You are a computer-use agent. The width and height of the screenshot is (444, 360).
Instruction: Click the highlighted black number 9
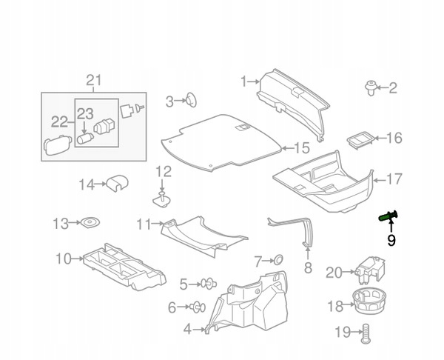(391, 239)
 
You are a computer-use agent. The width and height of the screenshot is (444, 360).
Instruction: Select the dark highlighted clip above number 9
(387, 215)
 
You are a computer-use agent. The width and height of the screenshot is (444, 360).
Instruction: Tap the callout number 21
(93, 81)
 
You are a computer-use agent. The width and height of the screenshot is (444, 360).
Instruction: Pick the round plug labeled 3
(190, 100)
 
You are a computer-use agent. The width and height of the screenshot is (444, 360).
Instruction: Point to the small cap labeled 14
(116, 182)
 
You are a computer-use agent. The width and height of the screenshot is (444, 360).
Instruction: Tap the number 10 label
(63, 259)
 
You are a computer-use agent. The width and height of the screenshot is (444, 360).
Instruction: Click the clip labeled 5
(209, 283)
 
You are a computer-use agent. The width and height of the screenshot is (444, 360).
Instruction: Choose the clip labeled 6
(198, 306)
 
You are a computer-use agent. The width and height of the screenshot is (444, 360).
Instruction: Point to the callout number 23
(84, 113)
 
